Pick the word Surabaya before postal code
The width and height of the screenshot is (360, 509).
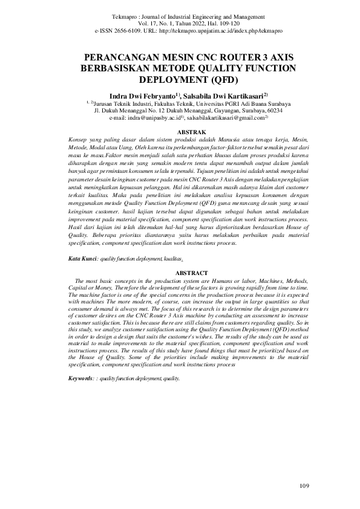(244, 111)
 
